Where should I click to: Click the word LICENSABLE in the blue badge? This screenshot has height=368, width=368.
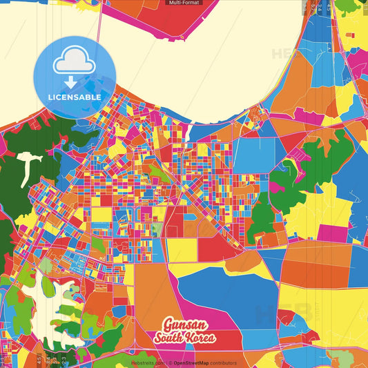[75, 97]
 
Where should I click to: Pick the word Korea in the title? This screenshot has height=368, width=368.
[200, 338]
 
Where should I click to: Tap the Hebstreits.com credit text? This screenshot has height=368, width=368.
[147, 362]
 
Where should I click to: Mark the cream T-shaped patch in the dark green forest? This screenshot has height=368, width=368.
[26, 166]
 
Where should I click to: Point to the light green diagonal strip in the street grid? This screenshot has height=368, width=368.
[160, 173]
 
